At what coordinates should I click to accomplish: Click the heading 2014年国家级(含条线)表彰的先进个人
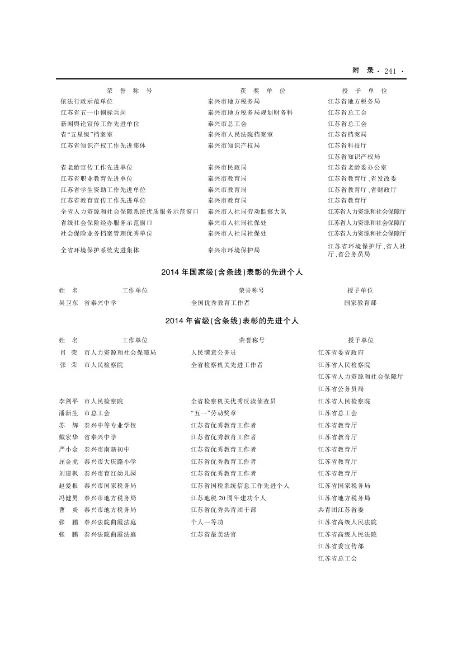232,272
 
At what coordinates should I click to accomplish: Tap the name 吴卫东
69,302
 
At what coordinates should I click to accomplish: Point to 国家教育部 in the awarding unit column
360,302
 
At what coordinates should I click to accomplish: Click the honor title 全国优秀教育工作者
220,302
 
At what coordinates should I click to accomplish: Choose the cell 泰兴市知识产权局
233,145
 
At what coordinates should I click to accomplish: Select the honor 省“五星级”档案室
87,134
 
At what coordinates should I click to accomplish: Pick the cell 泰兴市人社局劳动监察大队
247,211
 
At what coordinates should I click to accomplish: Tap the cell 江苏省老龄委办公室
357,167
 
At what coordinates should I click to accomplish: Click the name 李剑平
69,401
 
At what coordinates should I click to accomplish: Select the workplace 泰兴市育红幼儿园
110,473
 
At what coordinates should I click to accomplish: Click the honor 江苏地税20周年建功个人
228,498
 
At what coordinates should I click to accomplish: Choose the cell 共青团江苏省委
341,510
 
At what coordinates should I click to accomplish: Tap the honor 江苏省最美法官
214,534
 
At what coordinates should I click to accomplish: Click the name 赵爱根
69,486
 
